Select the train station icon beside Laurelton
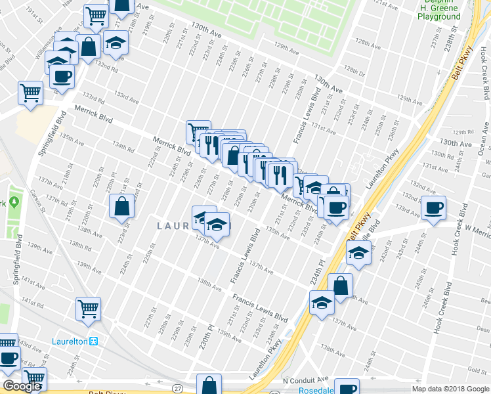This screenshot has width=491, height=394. (94, 341)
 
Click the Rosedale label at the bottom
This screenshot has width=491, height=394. (299, 389)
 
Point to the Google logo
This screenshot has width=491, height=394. (22, 386)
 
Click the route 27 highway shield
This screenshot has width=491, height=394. (179, 389)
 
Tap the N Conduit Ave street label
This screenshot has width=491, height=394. (305, 380)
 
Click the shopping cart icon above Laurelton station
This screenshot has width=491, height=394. (88, 308)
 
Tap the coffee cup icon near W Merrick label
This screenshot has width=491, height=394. (433, 208)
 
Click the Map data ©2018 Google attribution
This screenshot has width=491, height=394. (450, 389)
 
